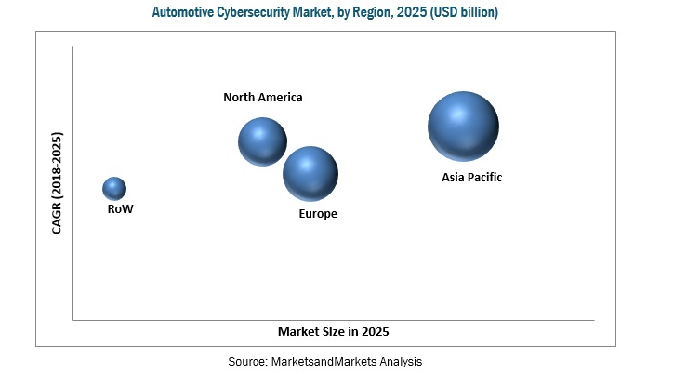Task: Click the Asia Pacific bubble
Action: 463,127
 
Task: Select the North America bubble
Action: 263,141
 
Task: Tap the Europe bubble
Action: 310,173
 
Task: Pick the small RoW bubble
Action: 114,189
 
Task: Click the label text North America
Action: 263,97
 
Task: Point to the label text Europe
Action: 318,214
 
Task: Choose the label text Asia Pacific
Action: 471,177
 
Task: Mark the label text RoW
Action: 120,209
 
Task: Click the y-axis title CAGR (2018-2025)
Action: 57,183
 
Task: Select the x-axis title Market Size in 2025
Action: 333,332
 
